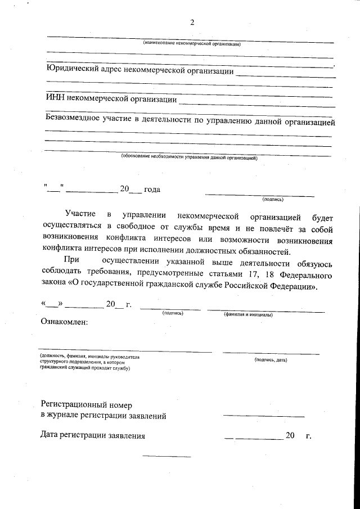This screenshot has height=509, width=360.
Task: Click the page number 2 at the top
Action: click(192, 23)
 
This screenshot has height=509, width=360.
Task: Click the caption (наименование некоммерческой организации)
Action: click(191, 43)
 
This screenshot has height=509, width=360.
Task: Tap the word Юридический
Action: click(75, 71)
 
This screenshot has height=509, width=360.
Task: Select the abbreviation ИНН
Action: click(55, 100)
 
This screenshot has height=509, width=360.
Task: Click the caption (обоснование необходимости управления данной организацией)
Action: click(189, 158)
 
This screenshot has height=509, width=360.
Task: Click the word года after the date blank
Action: click(152, 190)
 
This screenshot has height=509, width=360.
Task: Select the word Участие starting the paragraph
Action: click(79, 217)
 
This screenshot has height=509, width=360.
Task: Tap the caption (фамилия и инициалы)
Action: click(248, 315)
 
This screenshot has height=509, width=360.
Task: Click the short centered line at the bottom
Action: click(166, 456)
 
